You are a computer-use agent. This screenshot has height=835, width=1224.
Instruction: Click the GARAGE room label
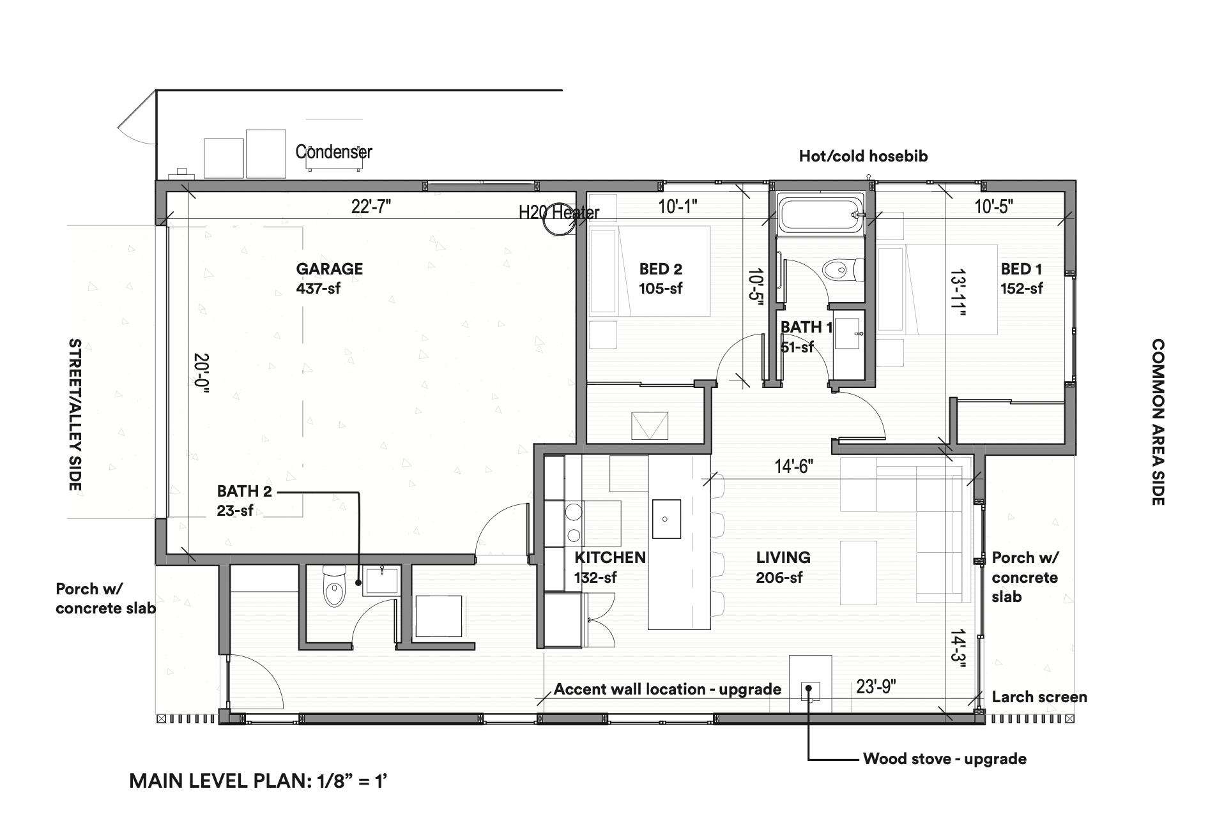coord(329,269)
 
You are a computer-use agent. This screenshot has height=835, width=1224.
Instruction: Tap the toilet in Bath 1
coord(841,270)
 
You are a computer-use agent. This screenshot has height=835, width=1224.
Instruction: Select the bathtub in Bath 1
coord(819,215)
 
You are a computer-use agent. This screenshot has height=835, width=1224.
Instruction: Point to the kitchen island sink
coord(666,519)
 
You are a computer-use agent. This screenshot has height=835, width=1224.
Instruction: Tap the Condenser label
coord(333,152)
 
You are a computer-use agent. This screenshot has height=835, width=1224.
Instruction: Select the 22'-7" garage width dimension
coord(371,207)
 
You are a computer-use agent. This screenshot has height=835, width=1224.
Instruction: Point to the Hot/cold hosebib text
coord(862,156)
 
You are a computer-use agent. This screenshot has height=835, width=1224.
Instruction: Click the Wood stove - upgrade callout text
coord(944,759)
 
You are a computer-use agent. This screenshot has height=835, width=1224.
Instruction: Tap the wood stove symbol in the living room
coord(810,690)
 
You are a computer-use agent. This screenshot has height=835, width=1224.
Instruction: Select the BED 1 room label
coord(1021,269)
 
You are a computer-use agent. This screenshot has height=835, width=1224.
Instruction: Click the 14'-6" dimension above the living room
coord(793,467)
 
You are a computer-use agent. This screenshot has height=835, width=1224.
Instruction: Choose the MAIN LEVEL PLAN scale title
coord(258,781)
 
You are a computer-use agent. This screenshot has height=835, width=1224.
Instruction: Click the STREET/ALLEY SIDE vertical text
coord(75,415)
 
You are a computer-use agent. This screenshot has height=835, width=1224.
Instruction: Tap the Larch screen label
coord(1039,697)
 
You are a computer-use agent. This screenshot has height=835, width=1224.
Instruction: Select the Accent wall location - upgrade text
coord(667,689)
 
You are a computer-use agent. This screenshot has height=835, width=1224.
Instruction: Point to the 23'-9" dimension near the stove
coord(876,687)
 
